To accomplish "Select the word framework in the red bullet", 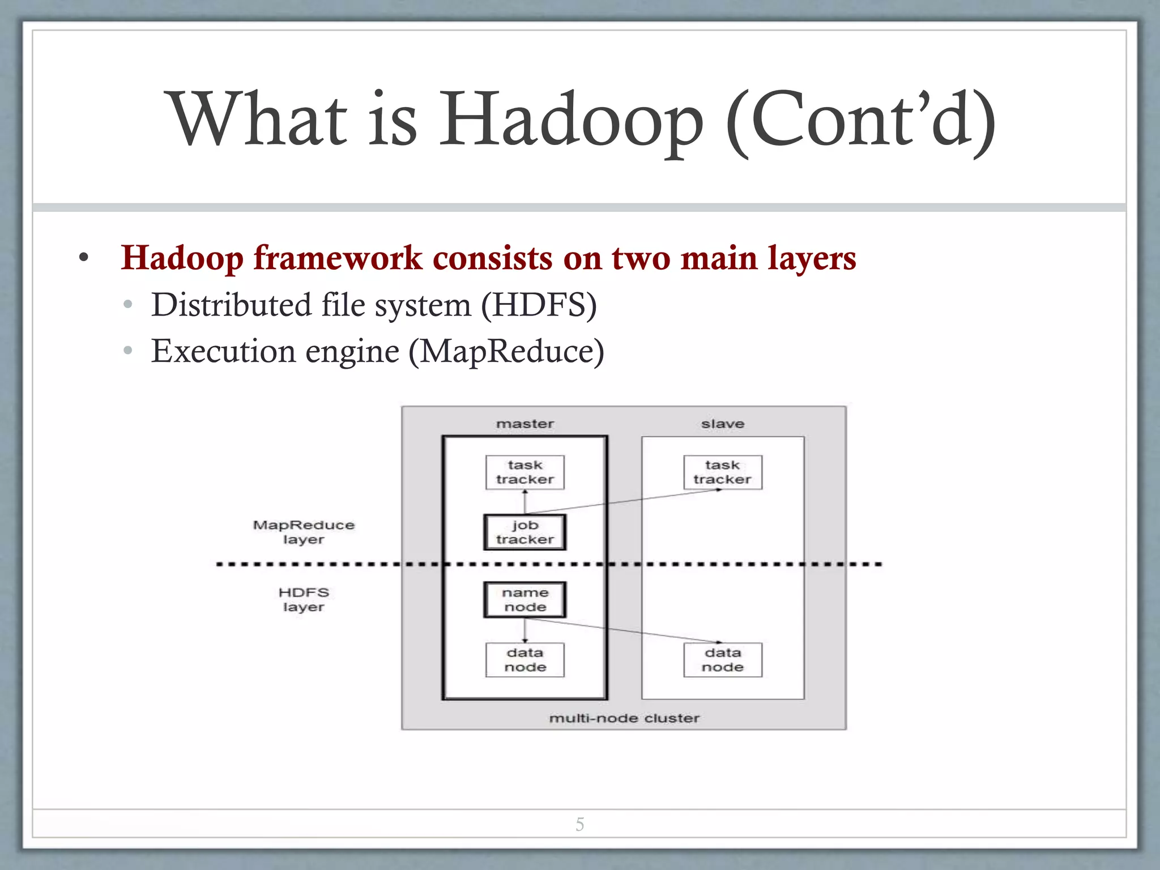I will coord(338,258).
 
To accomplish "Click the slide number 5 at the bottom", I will coord(579,824).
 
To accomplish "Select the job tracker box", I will coord(524,532).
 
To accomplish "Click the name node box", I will coord(524,600).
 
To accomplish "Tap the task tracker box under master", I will coord(524,472).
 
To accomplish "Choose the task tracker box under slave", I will coord(722,472).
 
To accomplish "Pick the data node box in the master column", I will coord(524,660).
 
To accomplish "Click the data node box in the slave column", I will coord(722,660).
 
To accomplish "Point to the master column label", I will coord(524,424).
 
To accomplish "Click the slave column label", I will coord(722,424).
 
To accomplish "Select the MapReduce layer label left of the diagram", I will coord(304,532).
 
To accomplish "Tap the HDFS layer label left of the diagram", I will coord(304,599).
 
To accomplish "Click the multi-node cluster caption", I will coord(624,718).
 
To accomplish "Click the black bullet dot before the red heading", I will coord(84,259).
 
